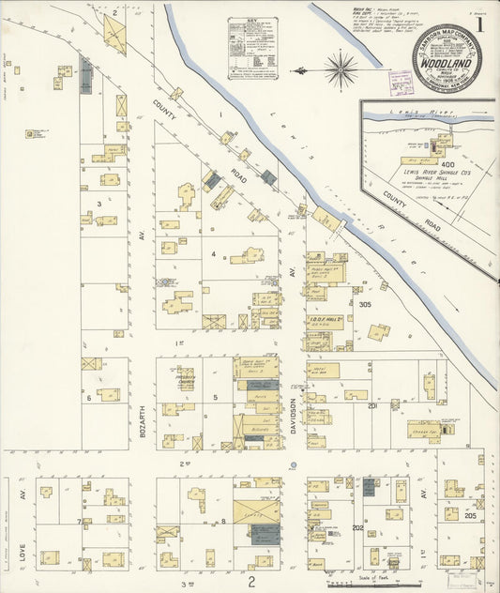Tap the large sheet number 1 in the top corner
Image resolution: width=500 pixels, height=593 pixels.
(479, 25)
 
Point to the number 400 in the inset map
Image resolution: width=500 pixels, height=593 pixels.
(442, 165)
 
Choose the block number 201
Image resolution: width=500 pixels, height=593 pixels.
(372, 405)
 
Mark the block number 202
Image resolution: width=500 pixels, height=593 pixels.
(357, 527)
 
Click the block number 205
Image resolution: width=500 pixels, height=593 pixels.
(469, 516)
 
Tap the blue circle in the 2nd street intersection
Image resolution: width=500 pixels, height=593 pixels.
(293, 464)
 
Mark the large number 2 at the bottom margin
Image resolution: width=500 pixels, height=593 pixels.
(251, 582)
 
